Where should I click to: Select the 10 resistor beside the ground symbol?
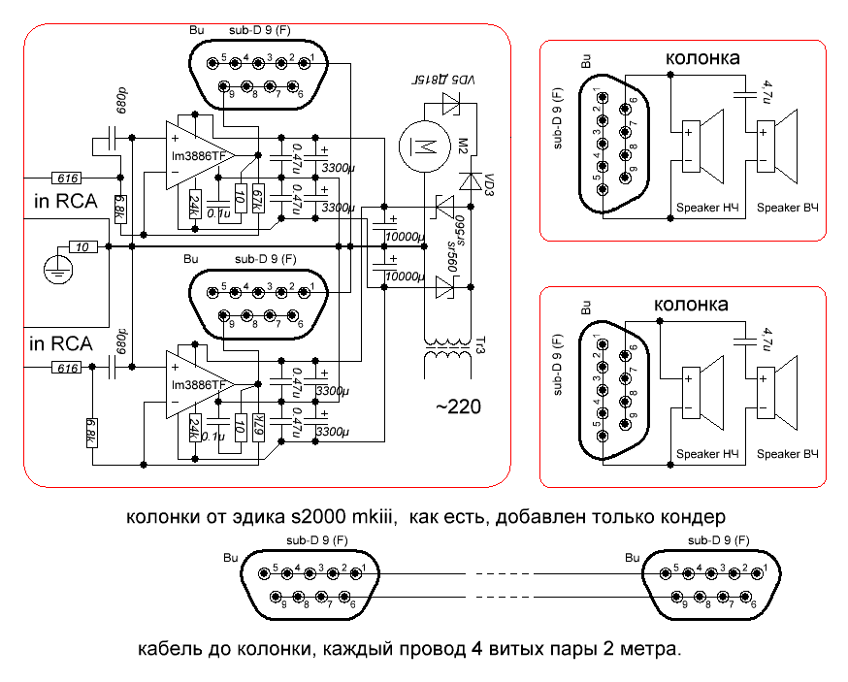point(84,247)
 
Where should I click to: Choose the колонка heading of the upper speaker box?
point(703,59)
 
